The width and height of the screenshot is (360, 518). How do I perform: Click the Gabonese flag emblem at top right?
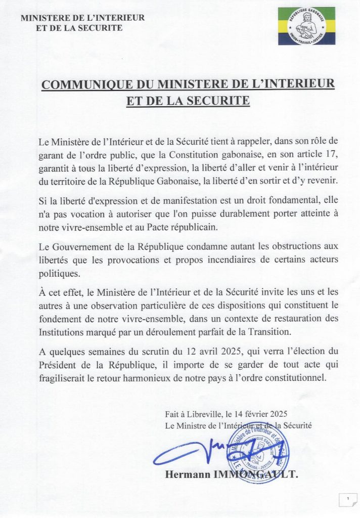[306, 26]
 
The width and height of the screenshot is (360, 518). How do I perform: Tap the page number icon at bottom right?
[348, 500]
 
